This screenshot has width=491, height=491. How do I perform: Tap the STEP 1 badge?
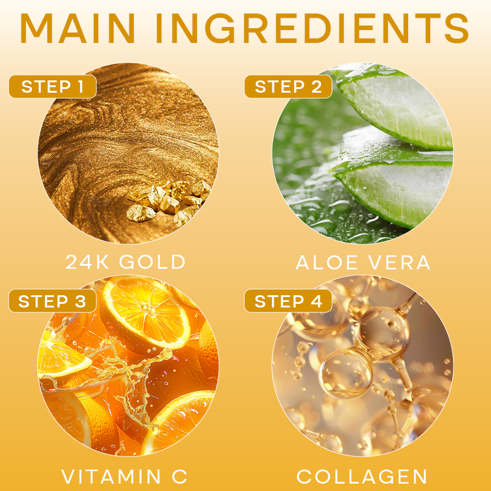[53, 87]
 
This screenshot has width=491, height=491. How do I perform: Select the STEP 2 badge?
[288, 87]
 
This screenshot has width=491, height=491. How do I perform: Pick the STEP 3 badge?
[53, 301]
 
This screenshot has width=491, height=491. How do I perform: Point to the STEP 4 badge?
[288, 301]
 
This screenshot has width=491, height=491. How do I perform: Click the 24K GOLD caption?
[126, 262]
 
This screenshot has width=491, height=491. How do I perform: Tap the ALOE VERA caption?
[363, 262]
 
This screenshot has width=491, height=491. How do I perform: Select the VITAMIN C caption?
[125, 476]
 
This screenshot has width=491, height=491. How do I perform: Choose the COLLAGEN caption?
[361, 477]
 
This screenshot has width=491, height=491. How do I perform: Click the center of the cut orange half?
[147, 314]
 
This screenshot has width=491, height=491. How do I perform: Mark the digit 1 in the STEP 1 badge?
[81, 87]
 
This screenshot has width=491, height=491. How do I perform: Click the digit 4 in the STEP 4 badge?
[315, 301]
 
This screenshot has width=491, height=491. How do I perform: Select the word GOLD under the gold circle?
[152, 262]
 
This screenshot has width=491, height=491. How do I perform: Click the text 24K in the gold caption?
[87, 262]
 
